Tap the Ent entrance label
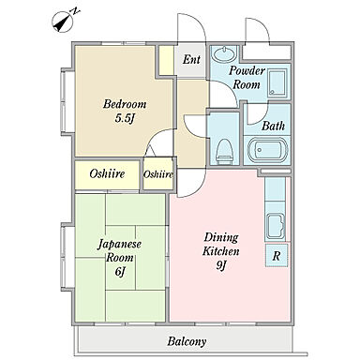tap(191, 59)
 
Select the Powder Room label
tap(247, 77)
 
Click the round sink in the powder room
tap(224, 54)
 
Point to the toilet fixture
tap(225, 151)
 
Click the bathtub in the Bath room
tap(267, 150)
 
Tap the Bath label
tap(273, 126)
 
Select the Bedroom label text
tap(125, 104)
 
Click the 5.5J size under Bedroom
tap(126, 118)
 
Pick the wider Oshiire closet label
tap(107, 173)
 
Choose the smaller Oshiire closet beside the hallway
tap(158, 174)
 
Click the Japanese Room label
tap(120, 250)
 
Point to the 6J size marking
tap(120, 271)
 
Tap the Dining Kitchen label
tap(220, 244)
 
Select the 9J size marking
tap(221, 265)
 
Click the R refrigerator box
tap(277, 256)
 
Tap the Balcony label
tap(187, 341)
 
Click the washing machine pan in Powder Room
tap(277, 82)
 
